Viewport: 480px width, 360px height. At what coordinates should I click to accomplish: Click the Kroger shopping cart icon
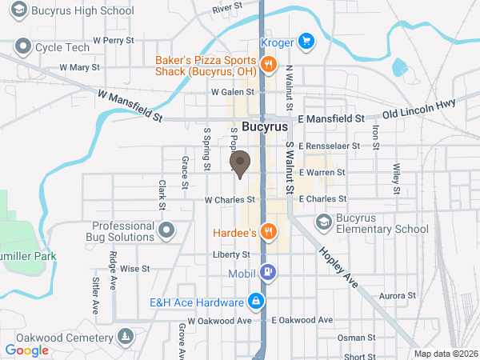point(306,41)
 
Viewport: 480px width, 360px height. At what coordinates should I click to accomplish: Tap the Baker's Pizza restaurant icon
point(268,65)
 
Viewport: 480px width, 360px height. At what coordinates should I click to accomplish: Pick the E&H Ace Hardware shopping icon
point(256,302)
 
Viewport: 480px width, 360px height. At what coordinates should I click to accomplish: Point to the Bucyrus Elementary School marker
point(324,222)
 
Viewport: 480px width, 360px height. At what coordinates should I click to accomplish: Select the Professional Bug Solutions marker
point(166,231)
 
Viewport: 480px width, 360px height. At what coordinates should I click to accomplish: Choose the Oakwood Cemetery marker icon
point(125,335)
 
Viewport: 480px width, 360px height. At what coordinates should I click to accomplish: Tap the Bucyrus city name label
point(264,126)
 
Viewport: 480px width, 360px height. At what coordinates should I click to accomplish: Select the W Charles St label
point(229,199)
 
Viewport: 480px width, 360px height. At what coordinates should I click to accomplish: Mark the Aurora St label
point(398,296)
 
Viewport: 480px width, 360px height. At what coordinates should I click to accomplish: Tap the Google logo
point(27,350)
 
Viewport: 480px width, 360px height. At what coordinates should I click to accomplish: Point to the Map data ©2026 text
point(444,354)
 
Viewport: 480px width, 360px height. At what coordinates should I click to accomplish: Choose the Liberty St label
point(232,254)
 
